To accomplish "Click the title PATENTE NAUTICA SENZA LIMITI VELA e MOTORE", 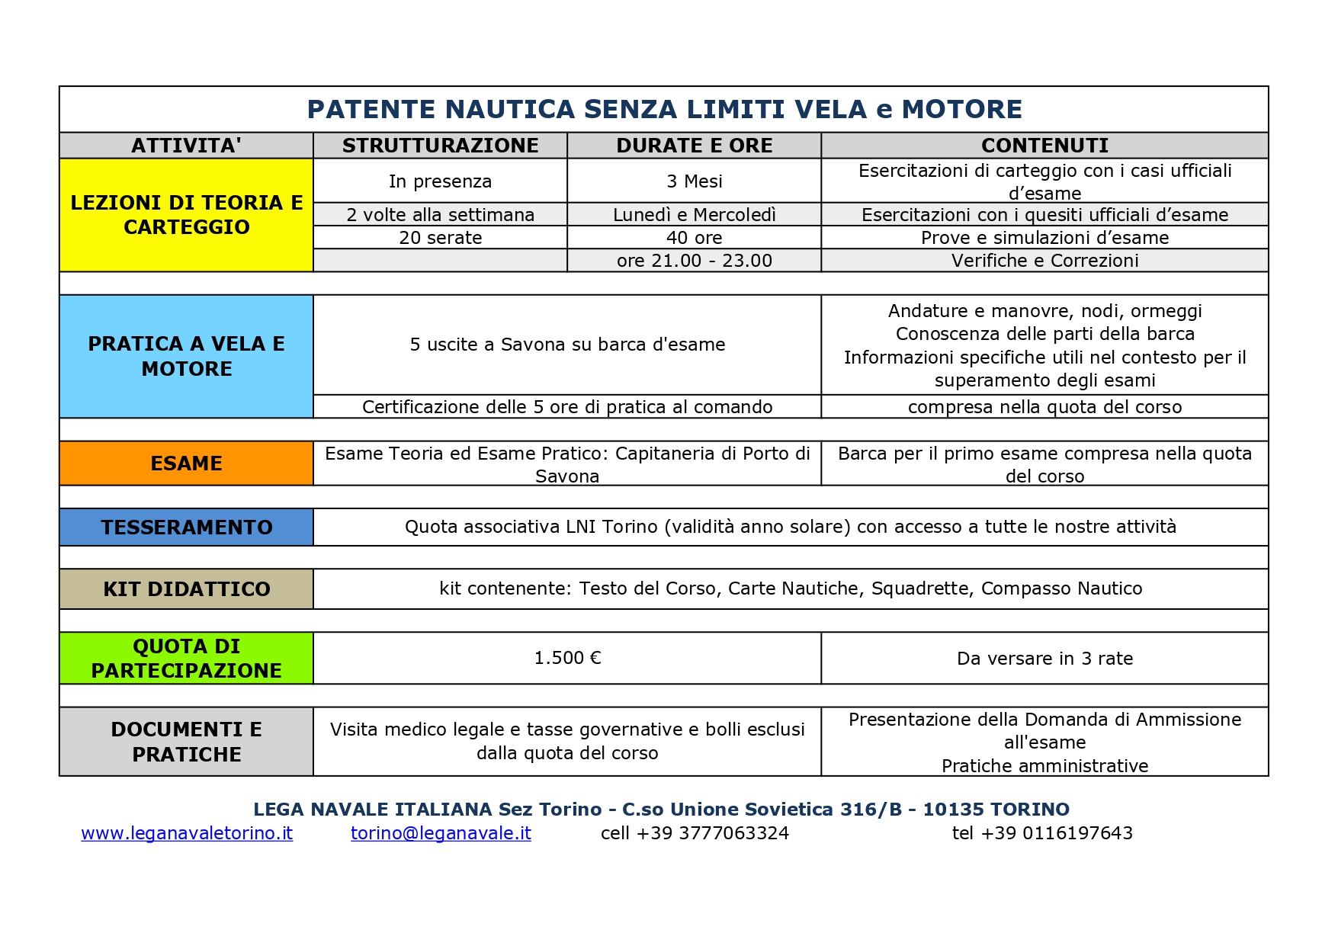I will click(x=664, y=110).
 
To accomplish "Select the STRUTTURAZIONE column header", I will click(x=440, y=146).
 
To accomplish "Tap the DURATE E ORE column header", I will click(x=694, y=146).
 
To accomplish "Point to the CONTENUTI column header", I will click(x=1044, y=146).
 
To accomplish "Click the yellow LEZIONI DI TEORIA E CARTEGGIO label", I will click(x=186, y=215).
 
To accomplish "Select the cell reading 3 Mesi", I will click(x=694, y=181).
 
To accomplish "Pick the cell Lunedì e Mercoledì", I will click(x=694, y=215).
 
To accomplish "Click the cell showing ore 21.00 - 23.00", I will click(x=694, y=261).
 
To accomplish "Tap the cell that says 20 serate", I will click(x=440, y=238).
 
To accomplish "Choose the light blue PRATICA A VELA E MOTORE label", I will click(x=186, y=356).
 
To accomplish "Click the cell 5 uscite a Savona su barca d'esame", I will click(x=567, y=345).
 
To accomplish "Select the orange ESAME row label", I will click(x=186, y=463).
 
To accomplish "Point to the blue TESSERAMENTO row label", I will click(x=186, y=528).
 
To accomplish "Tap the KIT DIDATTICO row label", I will click(x=186, y=589).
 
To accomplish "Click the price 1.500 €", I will click(x=567, y=658).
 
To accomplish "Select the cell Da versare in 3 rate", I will click(x=1044, y=659).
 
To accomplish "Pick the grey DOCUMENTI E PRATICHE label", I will click(x=186, y=742).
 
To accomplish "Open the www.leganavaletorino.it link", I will click(x=187, y=833).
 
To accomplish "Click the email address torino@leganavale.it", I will click(x=441, y=833).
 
